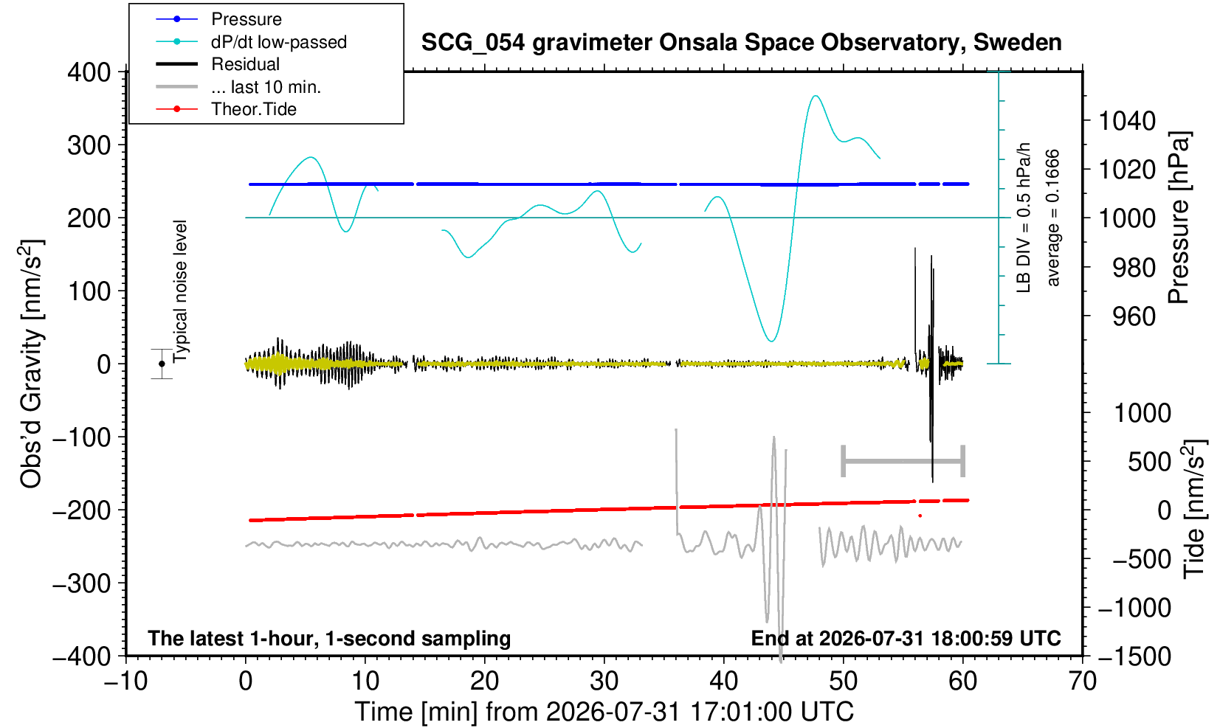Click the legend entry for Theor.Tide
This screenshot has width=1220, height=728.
[x=254, y=109]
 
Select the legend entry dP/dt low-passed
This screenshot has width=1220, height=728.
[x=279, y=42]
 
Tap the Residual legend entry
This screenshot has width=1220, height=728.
[x=245, y=64]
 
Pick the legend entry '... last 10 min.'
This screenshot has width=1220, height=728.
[x=266, y=86]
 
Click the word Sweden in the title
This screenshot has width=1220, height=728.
[x=1017, y=43]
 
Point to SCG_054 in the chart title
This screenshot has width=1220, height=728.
[x=473, y=43]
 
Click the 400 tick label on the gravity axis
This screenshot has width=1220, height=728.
[x=89, y=72]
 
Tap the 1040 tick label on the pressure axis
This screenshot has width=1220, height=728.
[x=1127, y=121]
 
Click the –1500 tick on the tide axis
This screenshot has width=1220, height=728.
[x=1134, y=656]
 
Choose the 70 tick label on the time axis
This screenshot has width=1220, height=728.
[x=1082, y=681]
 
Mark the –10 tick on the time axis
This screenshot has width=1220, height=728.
[x=125, y=681]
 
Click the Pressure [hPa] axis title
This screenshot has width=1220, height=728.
[x=1179, y=218]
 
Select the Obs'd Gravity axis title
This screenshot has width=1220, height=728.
[x=31, y=364]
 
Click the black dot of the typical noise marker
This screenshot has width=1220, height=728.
[x=162, y=364]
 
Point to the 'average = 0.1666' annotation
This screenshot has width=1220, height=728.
[x=1052, y=218]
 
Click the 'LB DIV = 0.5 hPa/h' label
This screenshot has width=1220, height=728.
[x=1024, y=218]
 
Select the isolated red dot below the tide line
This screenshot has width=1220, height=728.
[x=920, y=516]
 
